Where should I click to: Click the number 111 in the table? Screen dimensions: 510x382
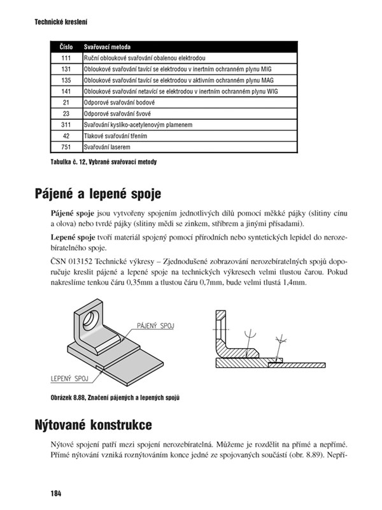[66, 58]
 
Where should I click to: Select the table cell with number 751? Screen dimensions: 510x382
[66, 147]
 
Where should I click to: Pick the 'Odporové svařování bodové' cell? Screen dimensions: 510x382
[119, 103]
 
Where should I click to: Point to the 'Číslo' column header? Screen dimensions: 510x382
[66, 47]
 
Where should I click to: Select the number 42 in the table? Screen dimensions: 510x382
[66, 136]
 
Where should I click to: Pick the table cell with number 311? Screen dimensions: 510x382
[66, 125]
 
